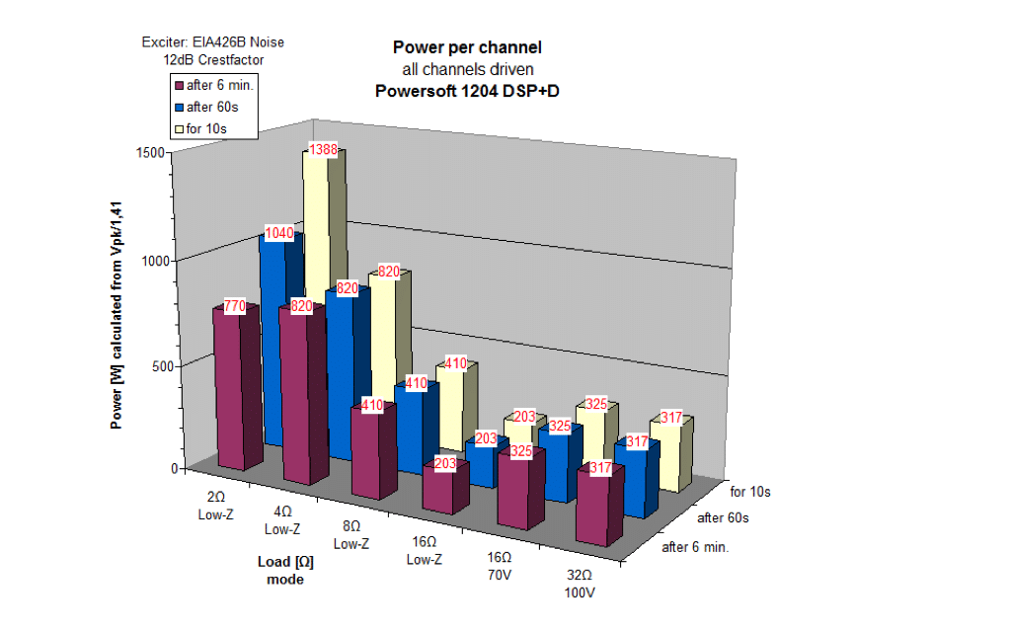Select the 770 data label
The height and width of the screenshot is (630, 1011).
pyautogui.click(x=234, y=307)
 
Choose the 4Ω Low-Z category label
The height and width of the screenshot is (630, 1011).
pyautogui.click(x=282, y=520)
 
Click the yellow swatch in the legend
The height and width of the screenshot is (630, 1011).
pyautogui.click(x=180, y=128)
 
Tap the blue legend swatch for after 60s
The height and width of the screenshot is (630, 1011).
pyautogui.click(x=180, y=107)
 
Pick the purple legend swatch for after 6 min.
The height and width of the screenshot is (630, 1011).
pyautogui.click(x=180, y=86)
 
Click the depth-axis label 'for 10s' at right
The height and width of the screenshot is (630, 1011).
pyautogui.click(x=750, y=491)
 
